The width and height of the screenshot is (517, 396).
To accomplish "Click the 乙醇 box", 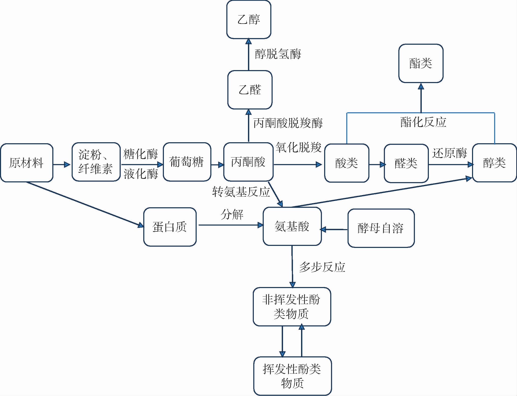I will coord(249,20).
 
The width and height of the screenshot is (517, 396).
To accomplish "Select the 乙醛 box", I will coord(250,90).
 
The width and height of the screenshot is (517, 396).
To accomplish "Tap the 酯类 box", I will coord(421,64).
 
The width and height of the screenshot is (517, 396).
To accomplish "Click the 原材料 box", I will coord(26,163).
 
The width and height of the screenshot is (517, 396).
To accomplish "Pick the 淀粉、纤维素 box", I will coord(96,162).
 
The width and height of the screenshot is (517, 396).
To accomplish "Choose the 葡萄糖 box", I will coord(187,162).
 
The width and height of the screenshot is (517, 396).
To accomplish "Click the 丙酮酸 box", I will coord(248,162).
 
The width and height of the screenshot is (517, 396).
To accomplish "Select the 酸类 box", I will coord(347,163).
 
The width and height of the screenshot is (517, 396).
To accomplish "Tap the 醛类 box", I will coord(406,163).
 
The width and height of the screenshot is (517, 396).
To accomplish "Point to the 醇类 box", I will coord(494,163).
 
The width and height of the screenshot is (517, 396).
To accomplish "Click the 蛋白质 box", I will coord(170,227).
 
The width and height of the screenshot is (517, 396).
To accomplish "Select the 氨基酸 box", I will coord(292,226).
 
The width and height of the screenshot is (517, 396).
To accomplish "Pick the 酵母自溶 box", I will coord(381,228).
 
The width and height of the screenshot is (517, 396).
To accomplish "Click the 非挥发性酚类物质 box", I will coord(292,307).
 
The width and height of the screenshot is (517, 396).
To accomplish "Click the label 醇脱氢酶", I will coord(278,54).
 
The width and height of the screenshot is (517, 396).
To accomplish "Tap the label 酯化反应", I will coord(423,122).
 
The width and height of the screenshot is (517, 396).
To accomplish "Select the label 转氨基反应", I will coord(241,192).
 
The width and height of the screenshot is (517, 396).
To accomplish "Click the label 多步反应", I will coord(322,267).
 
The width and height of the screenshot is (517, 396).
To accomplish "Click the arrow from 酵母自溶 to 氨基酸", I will coord(334,229).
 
